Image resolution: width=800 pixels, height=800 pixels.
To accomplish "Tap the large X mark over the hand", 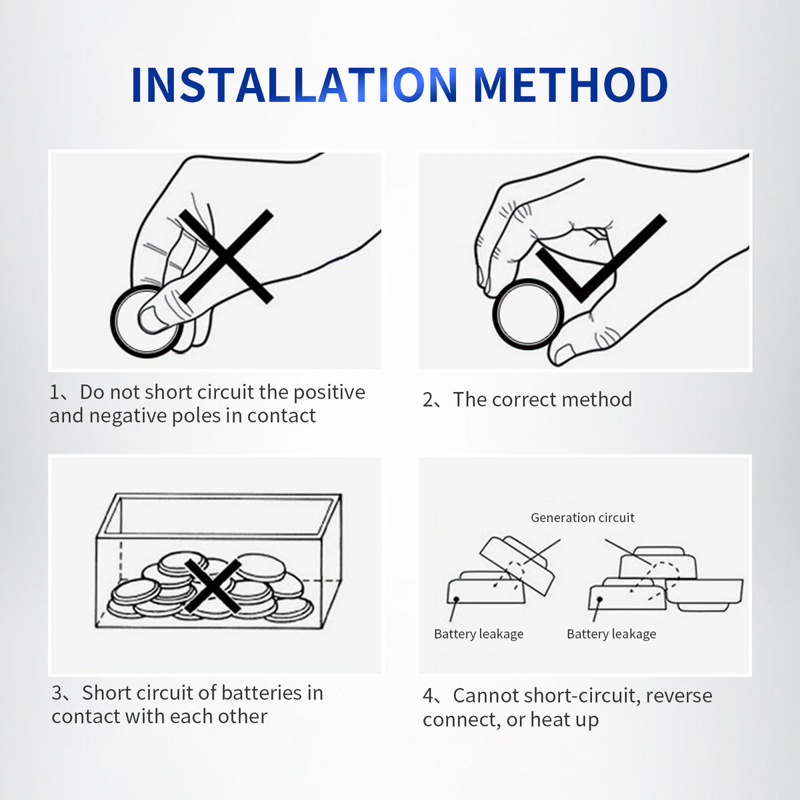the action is [x=226, y=256].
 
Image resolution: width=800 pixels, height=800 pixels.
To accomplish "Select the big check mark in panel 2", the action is [x=601, y=258].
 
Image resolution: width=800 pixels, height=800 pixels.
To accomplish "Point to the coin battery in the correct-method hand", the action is [x=528, y=314].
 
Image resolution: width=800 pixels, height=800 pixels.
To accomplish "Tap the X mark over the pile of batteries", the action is [x=213, y=586].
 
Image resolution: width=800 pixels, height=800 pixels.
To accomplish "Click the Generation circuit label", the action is [x=583, y=518].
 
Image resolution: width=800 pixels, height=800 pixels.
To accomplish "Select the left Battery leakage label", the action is [x=479, y=635].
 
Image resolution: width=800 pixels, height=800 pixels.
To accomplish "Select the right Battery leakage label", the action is [x=611, y=635].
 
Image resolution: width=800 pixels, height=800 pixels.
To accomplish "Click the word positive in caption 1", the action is [x=329, y=393].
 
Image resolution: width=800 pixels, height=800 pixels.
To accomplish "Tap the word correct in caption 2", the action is [x=523, y=400].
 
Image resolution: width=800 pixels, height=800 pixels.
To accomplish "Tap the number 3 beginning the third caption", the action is [x=57, y=693].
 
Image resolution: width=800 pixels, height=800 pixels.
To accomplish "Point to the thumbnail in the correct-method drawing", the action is [x=564, y=355].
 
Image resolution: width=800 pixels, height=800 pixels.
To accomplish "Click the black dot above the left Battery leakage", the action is [x=456, y=599].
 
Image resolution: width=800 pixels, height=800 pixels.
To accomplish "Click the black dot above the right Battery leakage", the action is [x=600, y=599].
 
